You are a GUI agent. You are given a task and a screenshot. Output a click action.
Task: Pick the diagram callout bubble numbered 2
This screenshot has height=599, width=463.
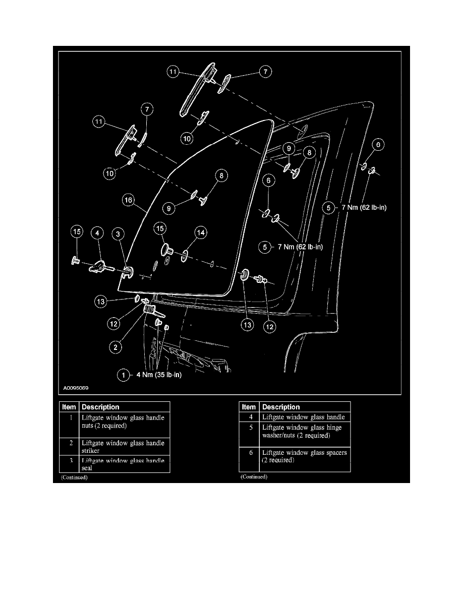point(115,346)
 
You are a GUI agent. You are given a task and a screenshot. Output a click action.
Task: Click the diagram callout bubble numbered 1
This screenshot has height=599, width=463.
point(123,375)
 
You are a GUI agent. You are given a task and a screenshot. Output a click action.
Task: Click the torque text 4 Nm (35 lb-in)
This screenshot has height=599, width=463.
point(156,375)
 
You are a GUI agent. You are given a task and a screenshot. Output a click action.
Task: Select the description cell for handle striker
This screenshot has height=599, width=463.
point(123,447)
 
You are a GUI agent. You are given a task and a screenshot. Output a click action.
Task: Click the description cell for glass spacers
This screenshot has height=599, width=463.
point(304,456)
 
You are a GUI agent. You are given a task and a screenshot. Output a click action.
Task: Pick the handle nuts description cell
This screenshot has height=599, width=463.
point(123,422)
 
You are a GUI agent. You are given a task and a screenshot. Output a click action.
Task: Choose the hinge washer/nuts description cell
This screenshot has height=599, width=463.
point(304,431)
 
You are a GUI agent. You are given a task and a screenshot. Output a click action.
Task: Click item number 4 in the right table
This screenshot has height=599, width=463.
point(250,417)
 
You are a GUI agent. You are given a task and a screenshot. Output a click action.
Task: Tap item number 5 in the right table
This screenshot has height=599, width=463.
point(250,428)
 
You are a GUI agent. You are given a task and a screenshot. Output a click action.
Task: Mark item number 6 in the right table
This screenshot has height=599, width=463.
point(250,453)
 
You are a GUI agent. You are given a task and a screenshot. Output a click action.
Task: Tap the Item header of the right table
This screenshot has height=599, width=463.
point(249,407)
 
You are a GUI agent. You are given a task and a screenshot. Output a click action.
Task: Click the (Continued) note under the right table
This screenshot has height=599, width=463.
point(254,476)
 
